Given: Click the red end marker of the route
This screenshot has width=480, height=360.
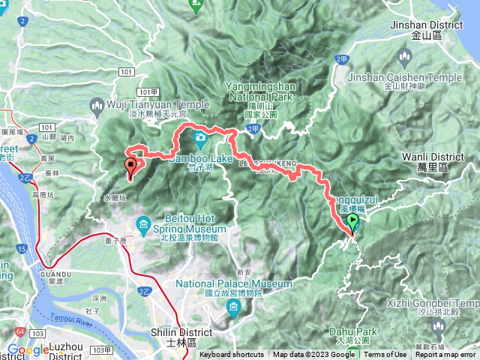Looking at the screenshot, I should [132, 167].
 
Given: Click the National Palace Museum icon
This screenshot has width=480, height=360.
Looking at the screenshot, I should [234, 307].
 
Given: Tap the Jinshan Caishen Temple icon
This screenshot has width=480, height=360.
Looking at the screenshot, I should [406, 58].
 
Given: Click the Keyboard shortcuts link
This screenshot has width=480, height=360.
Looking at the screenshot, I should [232, 355].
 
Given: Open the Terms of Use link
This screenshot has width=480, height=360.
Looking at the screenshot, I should [385, 355].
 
